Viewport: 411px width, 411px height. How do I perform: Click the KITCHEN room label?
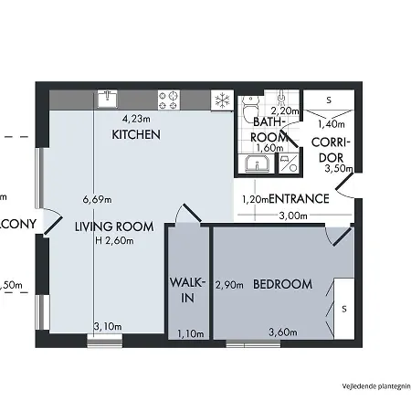(x=136, y=134)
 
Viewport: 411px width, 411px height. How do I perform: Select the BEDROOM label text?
(x=282, y=284)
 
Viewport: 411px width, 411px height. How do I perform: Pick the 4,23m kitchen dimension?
(x=138, y=118)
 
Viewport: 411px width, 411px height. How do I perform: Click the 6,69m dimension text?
(x=96, y=199)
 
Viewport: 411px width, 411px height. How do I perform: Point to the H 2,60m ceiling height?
(x=114, y=241)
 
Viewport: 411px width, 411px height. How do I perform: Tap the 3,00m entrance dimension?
(x=291, y=216)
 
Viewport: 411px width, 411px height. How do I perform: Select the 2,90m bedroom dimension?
(x=228, y=285)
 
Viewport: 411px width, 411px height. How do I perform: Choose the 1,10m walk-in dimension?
(x=189, y=332)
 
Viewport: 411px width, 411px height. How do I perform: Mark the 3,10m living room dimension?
(x=108, y=325)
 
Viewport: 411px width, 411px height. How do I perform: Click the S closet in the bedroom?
(x=344, y=309)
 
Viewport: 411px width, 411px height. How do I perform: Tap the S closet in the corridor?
(x=329, y=99)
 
